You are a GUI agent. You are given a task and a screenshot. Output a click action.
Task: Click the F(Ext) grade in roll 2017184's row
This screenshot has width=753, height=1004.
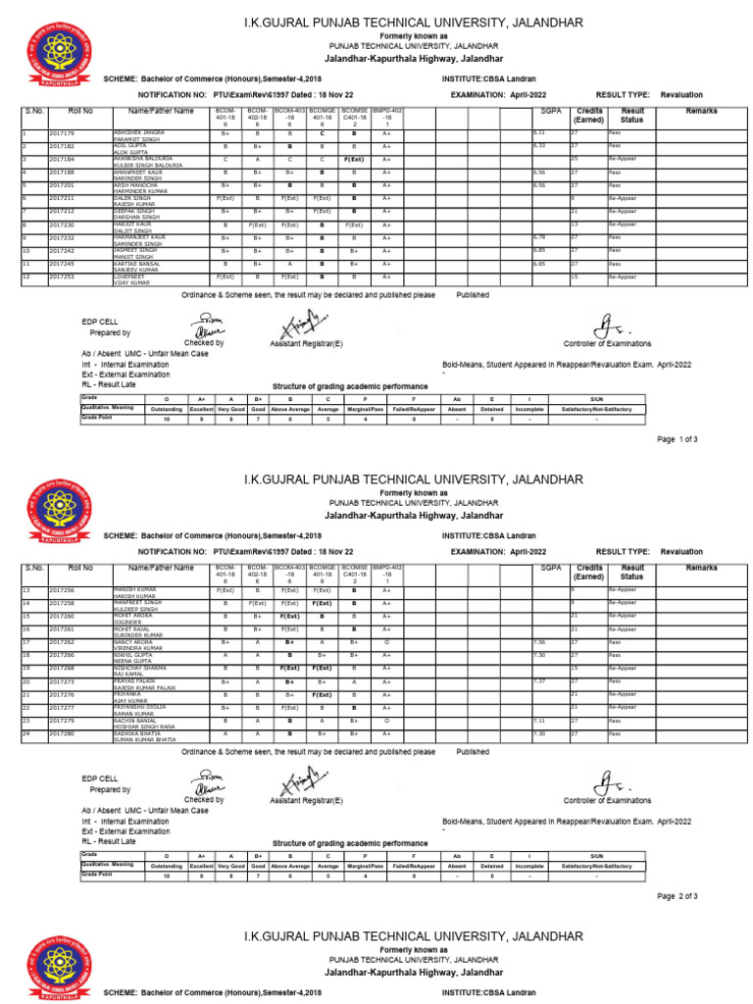(x=354, y=158)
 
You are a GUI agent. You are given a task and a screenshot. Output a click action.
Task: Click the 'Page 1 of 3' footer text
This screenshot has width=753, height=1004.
(x=677, y=439)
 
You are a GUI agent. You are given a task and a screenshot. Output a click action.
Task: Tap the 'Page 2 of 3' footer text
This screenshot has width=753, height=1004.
(x=677, y=895)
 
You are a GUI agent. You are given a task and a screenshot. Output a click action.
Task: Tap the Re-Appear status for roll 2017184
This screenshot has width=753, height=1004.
(x=623, y=158)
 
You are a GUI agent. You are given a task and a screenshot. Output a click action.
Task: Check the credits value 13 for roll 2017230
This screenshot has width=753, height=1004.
(x=575, y=225)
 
